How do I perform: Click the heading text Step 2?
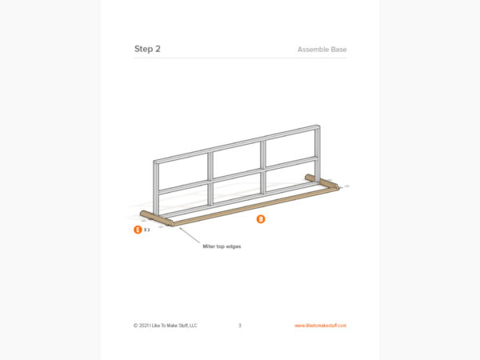click(x=147, y=49)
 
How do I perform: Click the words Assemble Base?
click(x=322, y=50)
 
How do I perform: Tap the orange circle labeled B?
click(x=260, y=218)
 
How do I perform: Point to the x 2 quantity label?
click(x=147, y=230)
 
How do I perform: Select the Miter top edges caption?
click(x=222, y=246)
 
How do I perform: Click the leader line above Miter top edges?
click(x=191, y=235)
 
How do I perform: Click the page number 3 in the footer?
click(x=240, y=326)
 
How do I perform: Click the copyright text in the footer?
click(x=165, y=326)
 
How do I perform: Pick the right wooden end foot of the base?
click(x=322, y=182)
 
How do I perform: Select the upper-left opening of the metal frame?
click(x=183, y=170)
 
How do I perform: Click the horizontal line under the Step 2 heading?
click(x=240, y=58)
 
